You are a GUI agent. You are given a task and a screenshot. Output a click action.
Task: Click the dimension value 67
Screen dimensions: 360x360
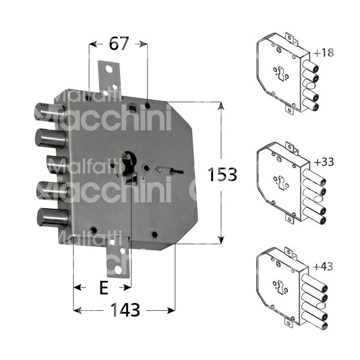(x=118, y=43)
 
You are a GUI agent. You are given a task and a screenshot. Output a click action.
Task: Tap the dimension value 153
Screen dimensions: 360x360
(x=223, y=175)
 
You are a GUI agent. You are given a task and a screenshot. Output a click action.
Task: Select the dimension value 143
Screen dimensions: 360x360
(x=125, y=310)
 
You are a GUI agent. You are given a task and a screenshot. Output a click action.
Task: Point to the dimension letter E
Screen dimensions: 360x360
(x=103, y=288)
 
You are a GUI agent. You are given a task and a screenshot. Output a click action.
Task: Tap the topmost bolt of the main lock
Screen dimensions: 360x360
(x=49, y=113)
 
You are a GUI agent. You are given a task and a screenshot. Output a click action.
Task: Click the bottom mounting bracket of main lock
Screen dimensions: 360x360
(x=118, y=264)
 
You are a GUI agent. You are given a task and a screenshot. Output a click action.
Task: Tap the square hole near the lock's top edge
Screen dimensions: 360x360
(x=131, y=108)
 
